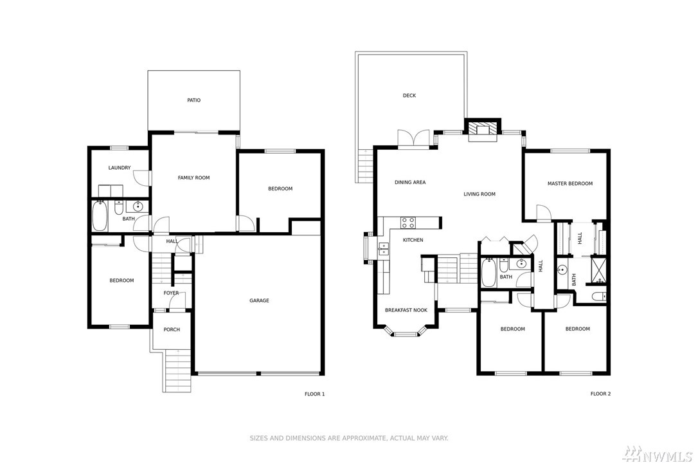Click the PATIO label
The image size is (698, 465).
(193, 100)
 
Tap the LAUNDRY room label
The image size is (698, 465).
(120, 168)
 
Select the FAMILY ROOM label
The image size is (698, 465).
(193, 178)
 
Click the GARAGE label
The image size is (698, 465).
(259, 300)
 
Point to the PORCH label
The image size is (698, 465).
(172, 329)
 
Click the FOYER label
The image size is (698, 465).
(171, 293)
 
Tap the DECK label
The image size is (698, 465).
(409, 95)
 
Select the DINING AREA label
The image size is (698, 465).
(410, 182)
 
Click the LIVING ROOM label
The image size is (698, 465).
(479, 194)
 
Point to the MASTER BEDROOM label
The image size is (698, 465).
(570, 183)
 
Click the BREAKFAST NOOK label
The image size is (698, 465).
(406, 311)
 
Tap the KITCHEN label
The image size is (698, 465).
(413, 240)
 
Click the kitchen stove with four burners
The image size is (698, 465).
(407, 223)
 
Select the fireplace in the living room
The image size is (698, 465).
(483, 130)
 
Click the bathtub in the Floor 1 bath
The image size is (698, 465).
(99, 217)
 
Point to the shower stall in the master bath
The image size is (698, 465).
(598, 271)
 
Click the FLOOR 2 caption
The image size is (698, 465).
(600, 394)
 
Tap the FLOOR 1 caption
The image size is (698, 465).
(314, 394)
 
